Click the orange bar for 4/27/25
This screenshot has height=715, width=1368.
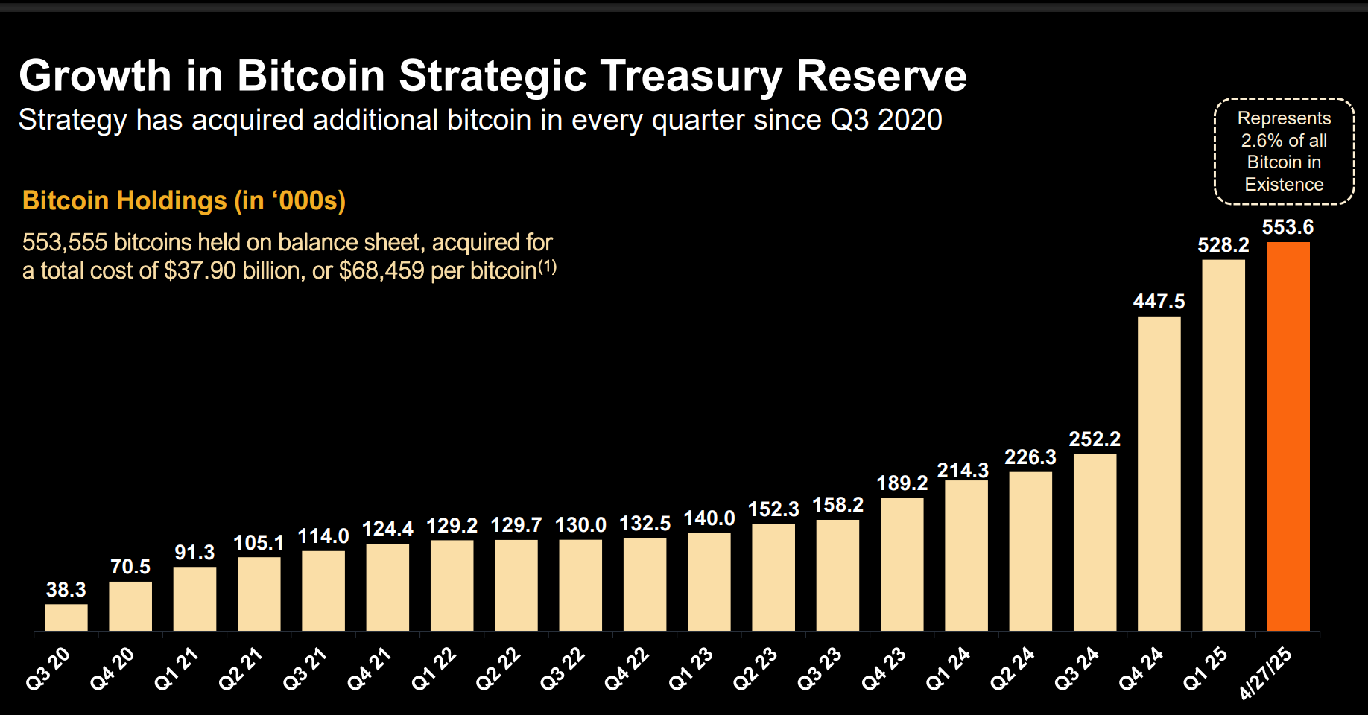pyautogui.click(x=1288, y=436)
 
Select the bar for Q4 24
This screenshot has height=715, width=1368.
pyautogui.click(x=1159, y=474)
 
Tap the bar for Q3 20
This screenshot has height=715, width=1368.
pyautogui.click(x=66, y=617)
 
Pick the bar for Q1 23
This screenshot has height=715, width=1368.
pyautogui.click(x=709, y=582)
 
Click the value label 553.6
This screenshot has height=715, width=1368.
pyautogui.click(x=1288, y=227)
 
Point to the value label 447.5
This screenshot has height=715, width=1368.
pyautogui.click(x=1159, y=302)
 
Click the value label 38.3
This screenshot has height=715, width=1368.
pyautogui.click(x=66, y=590)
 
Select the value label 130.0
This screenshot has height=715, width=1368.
pyautogui.click(x=580, y=525)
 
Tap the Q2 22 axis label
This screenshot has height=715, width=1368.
pyautogui.click(x=498, y=669)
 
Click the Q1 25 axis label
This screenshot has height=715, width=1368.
pyautogui.click(x=1205, y=669)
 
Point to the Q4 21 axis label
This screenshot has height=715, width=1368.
pyautogui.click(x=369, y=669)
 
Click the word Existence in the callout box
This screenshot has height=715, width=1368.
pyautogui.click(x=1284, y=185)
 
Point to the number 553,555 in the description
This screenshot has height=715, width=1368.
pyautogui.click(x=65, y=243)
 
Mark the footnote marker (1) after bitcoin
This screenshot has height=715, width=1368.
pyautogui.click(x=548, y=267)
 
